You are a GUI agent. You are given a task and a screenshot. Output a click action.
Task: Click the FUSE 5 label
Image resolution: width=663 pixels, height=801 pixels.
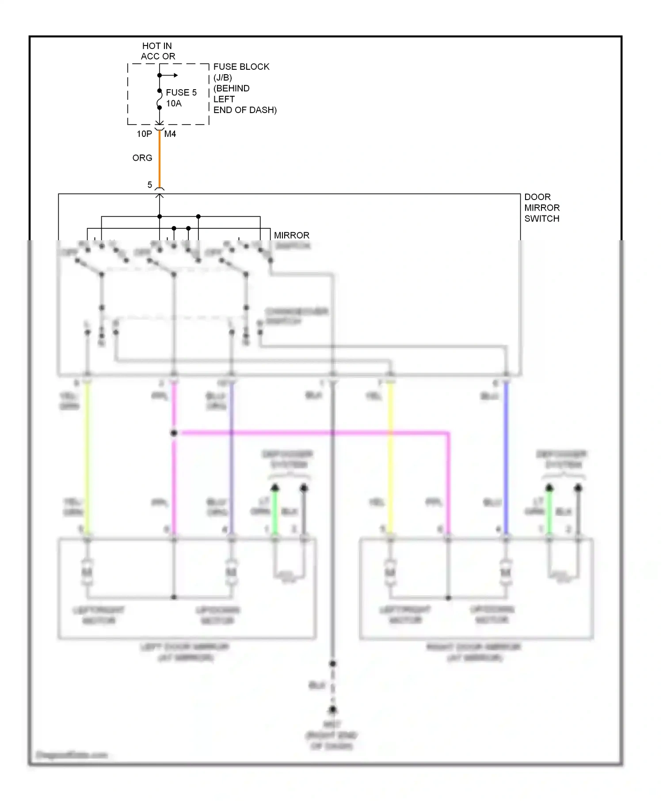181,92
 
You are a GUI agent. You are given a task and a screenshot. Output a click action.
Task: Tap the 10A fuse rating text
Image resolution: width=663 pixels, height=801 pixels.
174,103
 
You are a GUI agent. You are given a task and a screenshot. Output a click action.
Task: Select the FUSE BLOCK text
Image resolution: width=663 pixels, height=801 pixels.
241,67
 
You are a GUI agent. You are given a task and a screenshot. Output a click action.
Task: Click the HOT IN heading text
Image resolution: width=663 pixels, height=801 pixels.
157,46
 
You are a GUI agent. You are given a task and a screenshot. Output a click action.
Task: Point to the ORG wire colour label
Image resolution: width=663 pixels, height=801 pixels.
142,158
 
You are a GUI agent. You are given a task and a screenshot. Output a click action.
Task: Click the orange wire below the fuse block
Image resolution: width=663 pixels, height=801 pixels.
160,159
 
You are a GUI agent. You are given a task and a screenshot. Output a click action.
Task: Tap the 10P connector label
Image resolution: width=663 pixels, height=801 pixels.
144,134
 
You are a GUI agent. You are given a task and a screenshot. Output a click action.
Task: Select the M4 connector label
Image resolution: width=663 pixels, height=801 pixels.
170,134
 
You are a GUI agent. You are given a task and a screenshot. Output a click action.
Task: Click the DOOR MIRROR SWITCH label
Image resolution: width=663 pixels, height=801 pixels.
541,208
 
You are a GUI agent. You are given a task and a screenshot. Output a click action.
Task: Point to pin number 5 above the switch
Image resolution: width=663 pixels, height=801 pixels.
150,185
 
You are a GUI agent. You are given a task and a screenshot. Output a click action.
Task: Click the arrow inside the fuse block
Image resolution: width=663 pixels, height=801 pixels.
170,76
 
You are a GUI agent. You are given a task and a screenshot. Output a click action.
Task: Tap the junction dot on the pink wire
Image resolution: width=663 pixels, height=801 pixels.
174,433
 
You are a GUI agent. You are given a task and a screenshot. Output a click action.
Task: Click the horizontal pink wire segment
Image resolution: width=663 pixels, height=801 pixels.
309,433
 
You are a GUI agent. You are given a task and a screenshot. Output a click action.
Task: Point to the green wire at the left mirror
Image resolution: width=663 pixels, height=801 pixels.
274,512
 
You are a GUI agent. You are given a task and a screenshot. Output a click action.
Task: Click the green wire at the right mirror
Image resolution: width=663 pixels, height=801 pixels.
549,512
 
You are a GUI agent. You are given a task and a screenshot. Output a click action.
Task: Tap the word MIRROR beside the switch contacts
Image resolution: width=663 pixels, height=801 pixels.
291,235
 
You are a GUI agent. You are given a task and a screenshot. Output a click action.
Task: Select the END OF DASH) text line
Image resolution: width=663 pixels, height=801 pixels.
245,110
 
